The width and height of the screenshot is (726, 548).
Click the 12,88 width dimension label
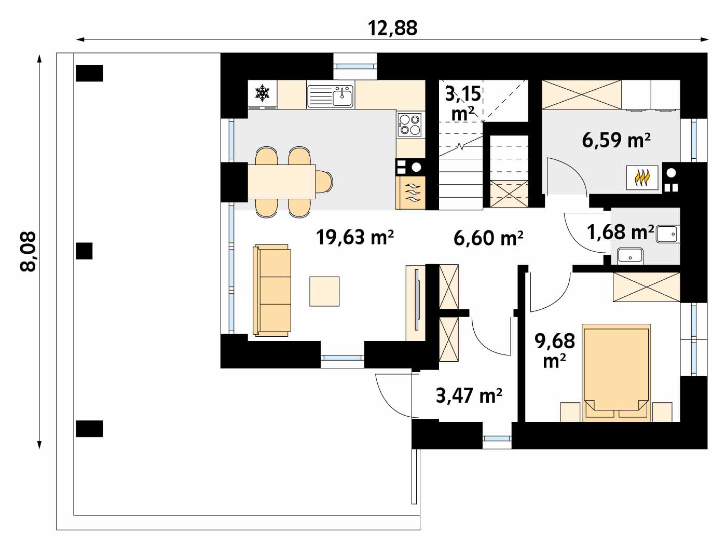tap(392, 28)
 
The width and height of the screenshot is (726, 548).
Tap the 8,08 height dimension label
tap(28, 251)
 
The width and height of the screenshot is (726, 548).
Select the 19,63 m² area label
tap(354, 237)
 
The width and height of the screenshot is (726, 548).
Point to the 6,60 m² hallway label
tap(488, 238)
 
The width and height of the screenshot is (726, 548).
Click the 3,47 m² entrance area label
tap(469, 395)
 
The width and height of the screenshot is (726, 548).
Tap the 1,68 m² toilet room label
tap(620, 232)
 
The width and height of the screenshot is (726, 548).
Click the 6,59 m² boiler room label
tap(616, 140)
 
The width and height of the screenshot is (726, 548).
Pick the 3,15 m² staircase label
tap(463, 103)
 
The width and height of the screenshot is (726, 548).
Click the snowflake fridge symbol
tap(262, 93)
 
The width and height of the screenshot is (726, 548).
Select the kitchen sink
tap(330, 96)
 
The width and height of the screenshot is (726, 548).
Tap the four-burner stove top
tap(410, 125)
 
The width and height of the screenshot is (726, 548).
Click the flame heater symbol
tap(642, 178)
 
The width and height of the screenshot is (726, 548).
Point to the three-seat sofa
tap(272, 291)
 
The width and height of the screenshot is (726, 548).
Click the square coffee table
tap(324, 291)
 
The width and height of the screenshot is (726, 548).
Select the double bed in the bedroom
tap(616, 373)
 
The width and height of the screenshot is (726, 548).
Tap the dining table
tap(281, 182)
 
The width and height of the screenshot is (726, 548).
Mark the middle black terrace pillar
tap(84, 251)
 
